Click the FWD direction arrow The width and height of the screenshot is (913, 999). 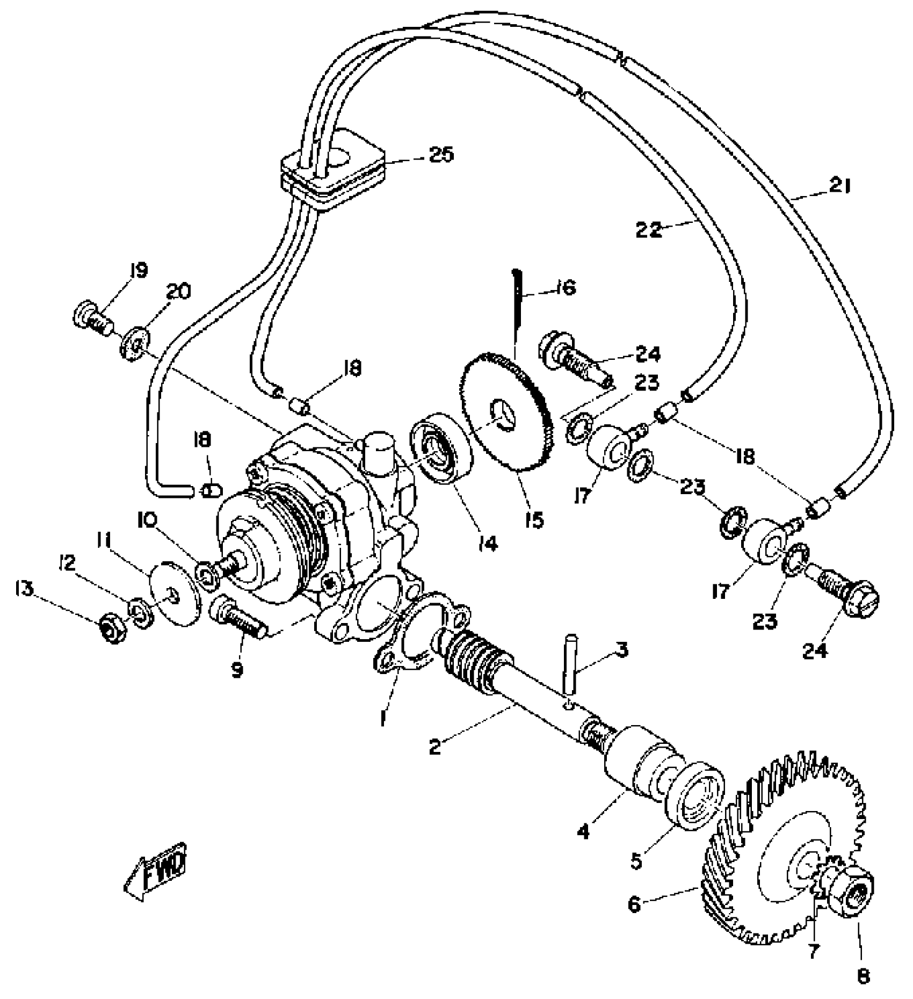156,876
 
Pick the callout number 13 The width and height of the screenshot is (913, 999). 25,589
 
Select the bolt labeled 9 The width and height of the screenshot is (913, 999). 238,620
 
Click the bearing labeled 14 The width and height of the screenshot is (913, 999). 439,447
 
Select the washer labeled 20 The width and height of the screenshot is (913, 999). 134,341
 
